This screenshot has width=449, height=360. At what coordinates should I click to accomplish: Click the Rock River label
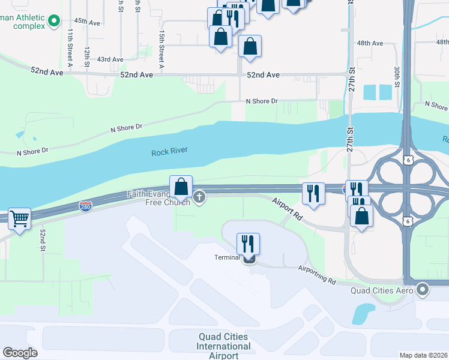(x=169, y=152)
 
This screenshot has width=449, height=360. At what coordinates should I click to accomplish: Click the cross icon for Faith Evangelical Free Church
(x=199, y=197)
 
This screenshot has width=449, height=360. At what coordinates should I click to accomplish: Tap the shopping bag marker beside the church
(x=181, y=187)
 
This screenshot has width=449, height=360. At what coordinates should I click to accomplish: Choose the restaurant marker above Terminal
(x=248, y=244)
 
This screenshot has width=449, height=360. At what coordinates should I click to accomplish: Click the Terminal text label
(x=228, y=257)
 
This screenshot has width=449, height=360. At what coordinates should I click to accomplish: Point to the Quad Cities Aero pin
(x=423, y=290)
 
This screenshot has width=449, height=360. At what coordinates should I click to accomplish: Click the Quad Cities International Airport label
(x=224, y=346)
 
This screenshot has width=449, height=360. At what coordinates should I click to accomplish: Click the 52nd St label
(x=43, y=240)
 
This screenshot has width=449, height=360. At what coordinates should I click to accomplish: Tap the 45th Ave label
(x=87, y=22)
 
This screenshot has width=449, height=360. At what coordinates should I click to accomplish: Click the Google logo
(x=20, y=353)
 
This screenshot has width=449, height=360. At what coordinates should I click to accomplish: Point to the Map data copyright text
(x=423, y=355)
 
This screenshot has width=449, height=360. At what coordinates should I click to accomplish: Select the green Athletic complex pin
(x=55, y=22)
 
